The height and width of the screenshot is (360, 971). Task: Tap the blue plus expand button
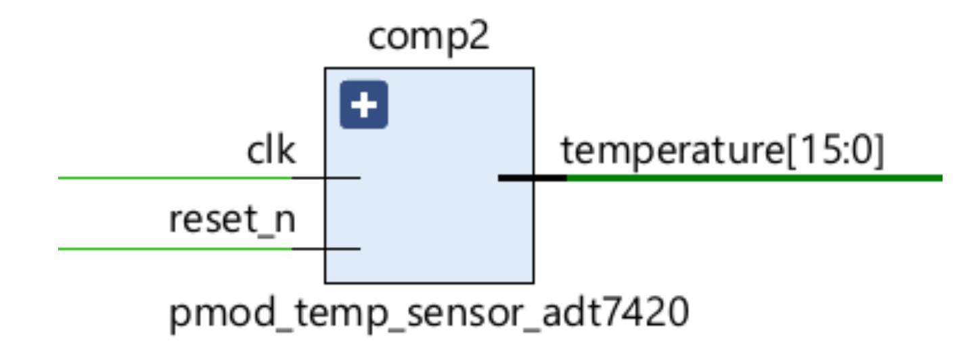click(363, 105)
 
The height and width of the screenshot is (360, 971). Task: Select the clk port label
click(271, 153)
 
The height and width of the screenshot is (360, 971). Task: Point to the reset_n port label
click(232, 222)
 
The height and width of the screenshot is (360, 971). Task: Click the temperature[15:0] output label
click(723, 153)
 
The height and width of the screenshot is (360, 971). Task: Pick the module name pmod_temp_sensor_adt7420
click(429, 316)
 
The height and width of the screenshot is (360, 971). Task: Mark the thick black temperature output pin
click(532, 178)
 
